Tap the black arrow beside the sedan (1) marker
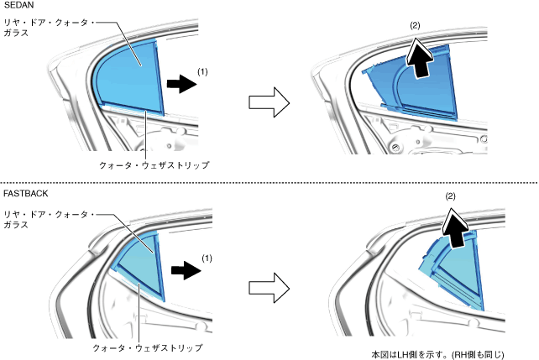[x=178, y=85]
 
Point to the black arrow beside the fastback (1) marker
[x=184, y=271]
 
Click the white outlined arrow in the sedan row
[x=269, y=102]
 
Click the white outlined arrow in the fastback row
[x=269, y=288]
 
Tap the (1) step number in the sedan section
[x=202, y=72]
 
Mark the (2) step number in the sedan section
[x=415, y=27]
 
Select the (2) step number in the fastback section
[x=450, y=196]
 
